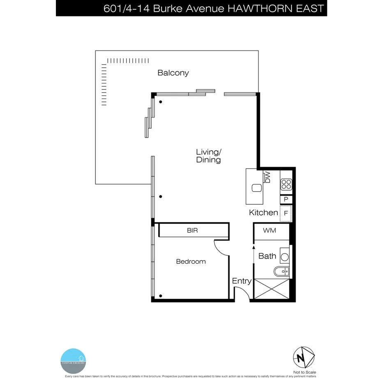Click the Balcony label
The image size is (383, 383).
(173, 73)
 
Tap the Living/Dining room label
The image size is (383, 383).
(208, 156)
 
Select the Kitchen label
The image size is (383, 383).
(263, 212)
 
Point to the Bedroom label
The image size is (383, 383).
(191, 261)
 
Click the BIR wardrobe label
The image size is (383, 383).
(192, 231)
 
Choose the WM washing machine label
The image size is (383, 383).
(270, 231)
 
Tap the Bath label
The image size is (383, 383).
(267, 256)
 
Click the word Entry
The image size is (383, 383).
(242, 281)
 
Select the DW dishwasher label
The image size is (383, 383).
(268, 177)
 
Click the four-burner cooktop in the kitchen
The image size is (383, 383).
(286, 185)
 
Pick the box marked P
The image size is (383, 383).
(286, 200)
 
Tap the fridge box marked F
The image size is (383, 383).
(286, 214)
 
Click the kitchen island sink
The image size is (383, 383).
(257, 188)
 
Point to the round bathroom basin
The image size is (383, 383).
(284, 258)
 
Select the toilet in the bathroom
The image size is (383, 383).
(282, 271)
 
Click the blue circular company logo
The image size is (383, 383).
(74, 361)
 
